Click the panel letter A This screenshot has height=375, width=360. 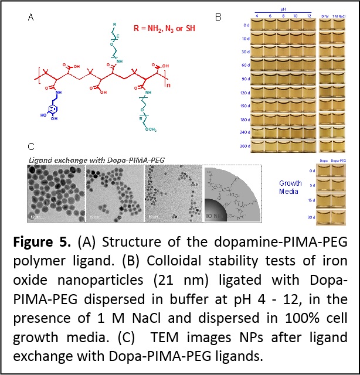[30, 18]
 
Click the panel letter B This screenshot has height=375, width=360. [217, 16]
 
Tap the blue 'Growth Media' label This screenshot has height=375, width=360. [290, 187]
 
